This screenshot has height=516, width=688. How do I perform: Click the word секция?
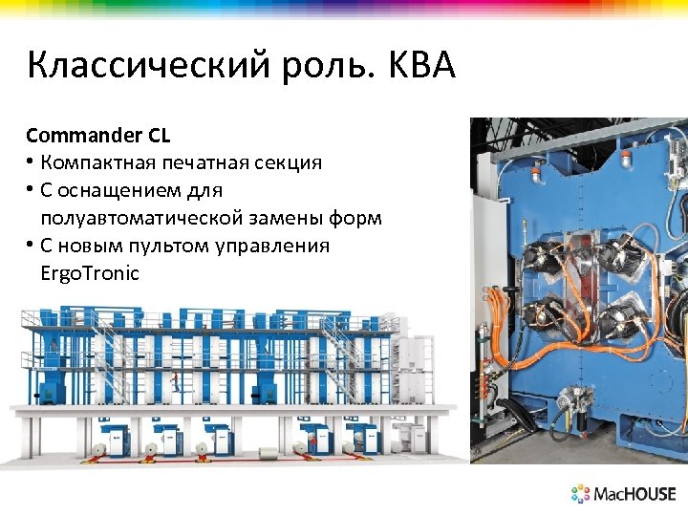[290, 162]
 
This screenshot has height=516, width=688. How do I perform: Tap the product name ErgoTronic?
[90, 273]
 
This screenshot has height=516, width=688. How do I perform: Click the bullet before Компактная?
[32, 162]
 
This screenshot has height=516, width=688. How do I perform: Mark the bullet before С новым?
[32, 246]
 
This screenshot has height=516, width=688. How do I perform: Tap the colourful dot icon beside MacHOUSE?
[581, 494]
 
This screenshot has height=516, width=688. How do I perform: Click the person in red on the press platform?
[174, 380]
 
